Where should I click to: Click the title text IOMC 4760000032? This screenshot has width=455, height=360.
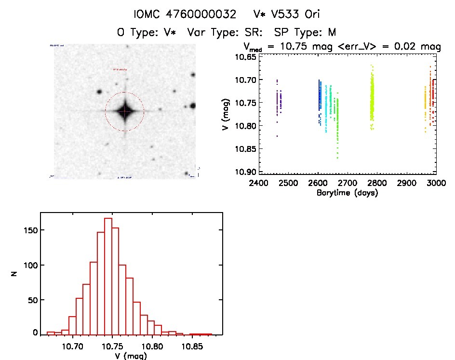(x=185, y=14)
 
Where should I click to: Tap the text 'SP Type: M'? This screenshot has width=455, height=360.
(x=305, y=32)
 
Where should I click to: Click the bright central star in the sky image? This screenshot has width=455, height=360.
(x=124, y=111)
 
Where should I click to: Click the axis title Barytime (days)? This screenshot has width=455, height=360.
(x=347, y=193)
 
